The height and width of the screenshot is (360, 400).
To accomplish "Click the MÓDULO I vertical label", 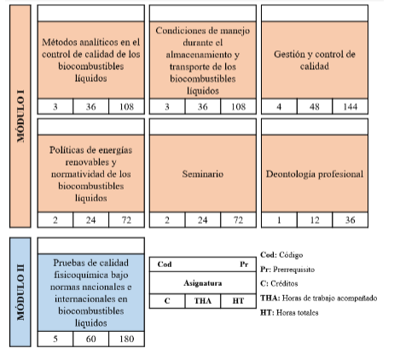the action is [x=20, y=116].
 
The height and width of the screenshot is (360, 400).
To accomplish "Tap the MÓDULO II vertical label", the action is [x=20, y=293].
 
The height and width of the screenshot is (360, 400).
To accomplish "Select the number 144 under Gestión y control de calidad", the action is [x=351, y=107].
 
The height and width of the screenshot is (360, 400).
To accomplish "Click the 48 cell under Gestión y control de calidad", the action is [x=315, y=107].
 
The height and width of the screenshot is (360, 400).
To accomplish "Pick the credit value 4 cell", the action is [x=279, y=107].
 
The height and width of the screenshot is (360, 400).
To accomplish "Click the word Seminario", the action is [x=203, y=174].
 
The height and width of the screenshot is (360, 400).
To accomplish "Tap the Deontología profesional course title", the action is [x=315, y=174].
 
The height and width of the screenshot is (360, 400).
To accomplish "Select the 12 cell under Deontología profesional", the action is [x=315, y=220].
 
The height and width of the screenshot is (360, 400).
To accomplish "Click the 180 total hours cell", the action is [x=126, y=339].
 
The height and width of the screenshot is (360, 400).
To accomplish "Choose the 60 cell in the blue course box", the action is [x=90, y=339].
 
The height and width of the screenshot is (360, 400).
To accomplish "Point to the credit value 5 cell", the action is [x=55, y=339].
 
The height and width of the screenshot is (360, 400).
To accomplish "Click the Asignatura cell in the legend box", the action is [x=203, y=283].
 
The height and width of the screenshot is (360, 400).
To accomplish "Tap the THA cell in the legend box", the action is [x=203, y=301].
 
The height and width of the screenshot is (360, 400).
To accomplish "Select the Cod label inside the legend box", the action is [x=165, y=264].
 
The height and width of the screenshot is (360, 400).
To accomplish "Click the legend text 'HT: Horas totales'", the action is [x=289, y=312].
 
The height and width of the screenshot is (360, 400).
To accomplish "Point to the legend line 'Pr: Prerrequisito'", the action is [x=287, y=270].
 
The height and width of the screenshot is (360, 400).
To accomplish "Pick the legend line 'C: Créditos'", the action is [x=279, y=283].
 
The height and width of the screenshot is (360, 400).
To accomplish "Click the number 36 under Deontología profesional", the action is [x=351, y=220].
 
